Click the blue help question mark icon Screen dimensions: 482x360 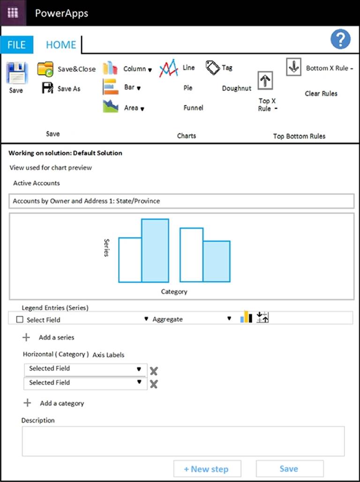tap(340, 39)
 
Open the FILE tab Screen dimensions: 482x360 tap(16, 45)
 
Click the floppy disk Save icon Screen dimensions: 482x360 tap(16, 73)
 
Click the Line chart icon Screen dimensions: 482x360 tap(169, 68)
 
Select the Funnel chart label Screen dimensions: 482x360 tap(193, 107)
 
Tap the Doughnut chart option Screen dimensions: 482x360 tap(236, 88)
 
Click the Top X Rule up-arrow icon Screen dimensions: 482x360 tap(265, 80)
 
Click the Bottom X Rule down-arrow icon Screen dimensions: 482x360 tap(293, 67)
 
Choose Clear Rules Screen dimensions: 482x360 tap(321, 93)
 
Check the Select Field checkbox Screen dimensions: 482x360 tap(20, 320)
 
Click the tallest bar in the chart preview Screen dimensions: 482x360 tap(155, 251)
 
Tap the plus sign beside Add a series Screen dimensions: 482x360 tap(26, 337)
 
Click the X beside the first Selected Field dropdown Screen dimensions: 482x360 tap(153, 371)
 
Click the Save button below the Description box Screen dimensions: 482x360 tap(289, 468)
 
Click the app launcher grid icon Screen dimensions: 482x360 tap(13, 13)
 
